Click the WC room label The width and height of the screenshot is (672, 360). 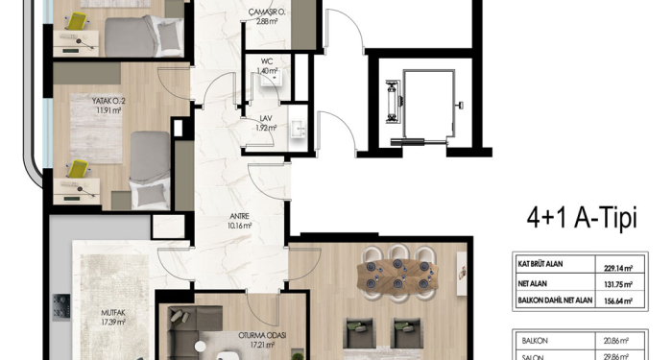click(x=266, y=61)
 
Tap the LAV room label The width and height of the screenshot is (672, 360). click(x=266, y=118)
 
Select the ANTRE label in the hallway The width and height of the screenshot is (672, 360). click(x=239, y=217)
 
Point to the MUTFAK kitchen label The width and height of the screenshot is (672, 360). click(x=113, y=313)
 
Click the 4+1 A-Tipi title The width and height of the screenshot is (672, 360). click(x=582, y=218)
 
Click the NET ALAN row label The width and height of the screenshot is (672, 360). click(x=532, y=283)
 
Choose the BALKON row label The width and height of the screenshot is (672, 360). click(x=535, y=341)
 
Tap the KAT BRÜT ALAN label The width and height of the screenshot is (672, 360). click(x=540, y=264)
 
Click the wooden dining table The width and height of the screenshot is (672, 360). click(x=397, y=274)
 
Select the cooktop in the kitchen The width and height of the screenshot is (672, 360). click(x=61, y=307)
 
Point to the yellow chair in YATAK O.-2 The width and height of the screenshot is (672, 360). click(x=78, y=168)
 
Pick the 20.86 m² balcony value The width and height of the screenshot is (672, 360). click(x=616, y=341)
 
